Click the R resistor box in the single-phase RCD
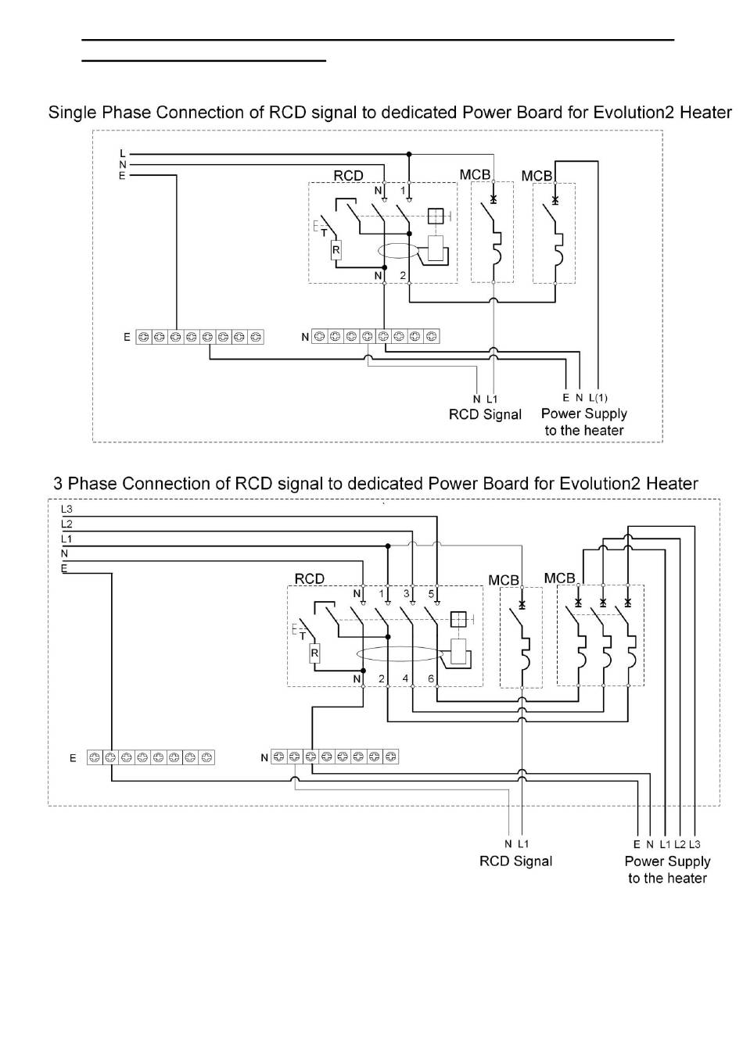point(336,250)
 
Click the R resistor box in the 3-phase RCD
point(314,653)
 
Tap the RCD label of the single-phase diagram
point(348,176)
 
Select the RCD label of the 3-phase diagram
point(310,579)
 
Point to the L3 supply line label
point(66,509)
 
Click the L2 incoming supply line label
point(66,524)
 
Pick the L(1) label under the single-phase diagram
point(598,398)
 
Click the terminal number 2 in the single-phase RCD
point(403,275)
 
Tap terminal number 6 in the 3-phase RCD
point(431,678)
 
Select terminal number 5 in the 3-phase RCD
point(431,594)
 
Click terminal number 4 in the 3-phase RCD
point(405,678)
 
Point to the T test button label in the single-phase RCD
point(324,233)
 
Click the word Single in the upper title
point(72,113)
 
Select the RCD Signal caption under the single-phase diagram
point(485,414)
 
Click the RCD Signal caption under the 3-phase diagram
point(515,861)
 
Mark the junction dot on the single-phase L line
point(409,154)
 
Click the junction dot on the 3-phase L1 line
point(388,546)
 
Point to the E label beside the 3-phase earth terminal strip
point(73,758)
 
